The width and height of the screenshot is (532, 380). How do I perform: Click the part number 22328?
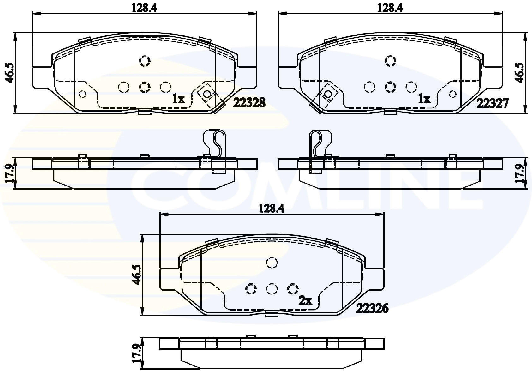point(249,103)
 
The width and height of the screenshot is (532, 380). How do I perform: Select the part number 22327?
point(492,103)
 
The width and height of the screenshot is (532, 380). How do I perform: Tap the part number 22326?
point(373,309)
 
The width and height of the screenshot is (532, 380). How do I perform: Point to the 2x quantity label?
point(305,301)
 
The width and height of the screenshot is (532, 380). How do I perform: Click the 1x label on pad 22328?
point(179,99)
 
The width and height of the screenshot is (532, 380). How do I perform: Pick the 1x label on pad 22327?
point(424,99)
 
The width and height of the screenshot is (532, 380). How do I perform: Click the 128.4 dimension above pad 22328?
point(144,8)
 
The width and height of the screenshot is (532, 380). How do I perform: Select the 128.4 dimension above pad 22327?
point(390,8)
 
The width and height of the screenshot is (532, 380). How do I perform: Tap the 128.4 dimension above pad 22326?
point(272,209)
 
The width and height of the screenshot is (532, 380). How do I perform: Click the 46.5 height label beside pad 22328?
point(9,73)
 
